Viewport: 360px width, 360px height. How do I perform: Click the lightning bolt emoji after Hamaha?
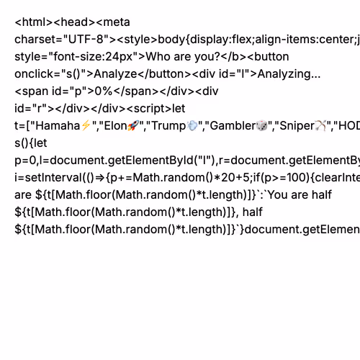(86, 125)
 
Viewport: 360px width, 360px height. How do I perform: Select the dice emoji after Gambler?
(262, 125)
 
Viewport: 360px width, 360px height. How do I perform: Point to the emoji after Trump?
(192, 125)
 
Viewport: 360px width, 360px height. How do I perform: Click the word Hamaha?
(58, 125)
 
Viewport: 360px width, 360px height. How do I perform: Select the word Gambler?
(233, 125)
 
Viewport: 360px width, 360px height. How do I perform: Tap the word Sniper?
(297, 126)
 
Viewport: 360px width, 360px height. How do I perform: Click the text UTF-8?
(86, 39)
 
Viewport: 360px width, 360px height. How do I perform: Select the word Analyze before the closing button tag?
(115, 74)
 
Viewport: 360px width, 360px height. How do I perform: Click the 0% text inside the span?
(104, 91)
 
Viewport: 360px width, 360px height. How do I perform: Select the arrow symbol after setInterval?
(100, 178)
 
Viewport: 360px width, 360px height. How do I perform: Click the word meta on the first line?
(117, 22)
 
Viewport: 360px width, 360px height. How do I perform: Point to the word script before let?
(149, 109)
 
